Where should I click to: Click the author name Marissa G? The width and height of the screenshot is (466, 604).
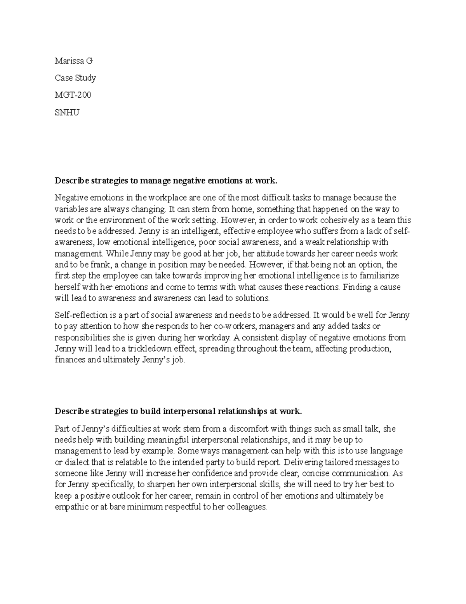pyautogui.click(x=74, y=61)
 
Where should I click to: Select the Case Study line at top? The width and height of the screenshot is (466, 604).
pyautogui.click(x=75, y=78)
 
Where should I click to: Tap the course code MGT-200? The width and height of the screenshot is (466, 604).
pyautogui.click(x=73, y=95)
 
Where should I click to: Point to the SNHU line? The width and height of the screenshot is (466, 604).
pyautogui.click(x=67, y=113)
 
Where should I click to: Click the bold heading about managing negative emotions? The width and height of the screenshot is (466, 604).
pyautogui.click(x=166, y=181)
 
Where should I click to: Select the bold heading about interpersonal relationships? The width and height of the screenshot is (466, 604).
pyautogui.click(x=178, y=411)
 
